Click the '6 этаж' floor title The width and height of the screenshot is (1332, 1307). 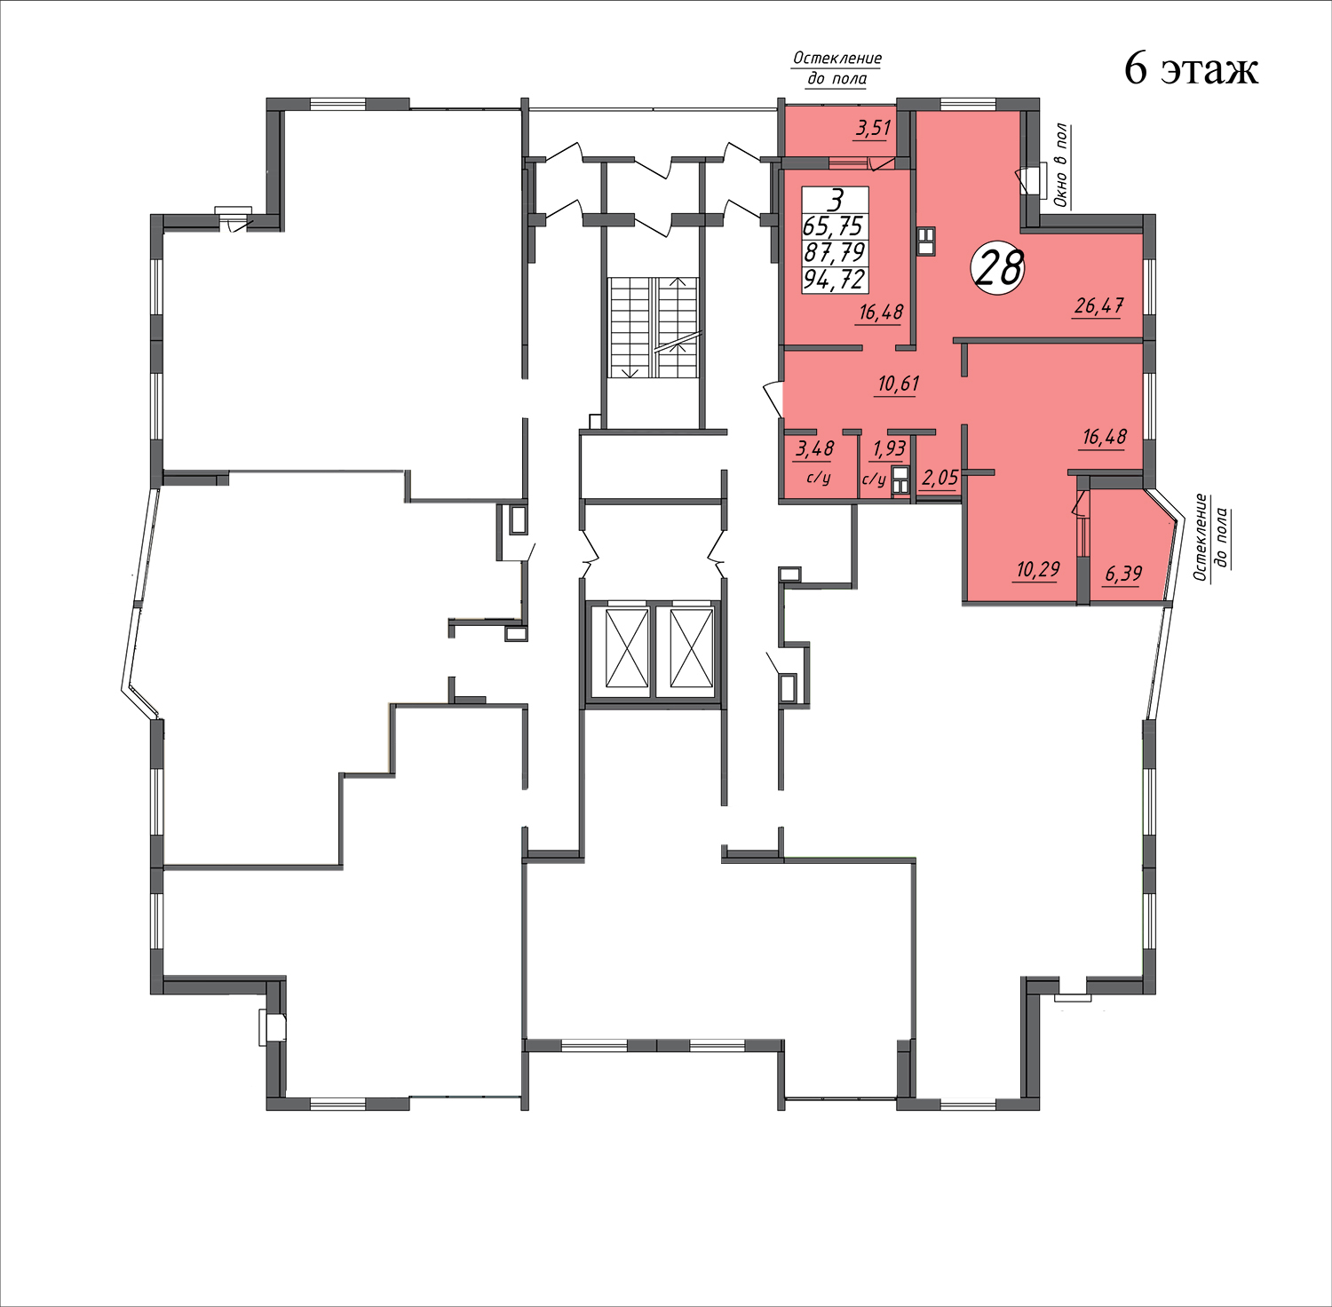point(1191,68)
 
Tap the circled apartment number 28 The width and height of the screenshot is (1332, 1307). point(999,268)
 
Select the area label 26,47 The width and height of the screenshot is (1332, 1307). point(1099,306)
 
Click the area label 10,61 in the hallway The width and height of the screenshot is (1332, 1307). point(898,384)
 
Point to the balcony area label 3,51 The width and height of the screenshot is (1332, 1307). point(873,128)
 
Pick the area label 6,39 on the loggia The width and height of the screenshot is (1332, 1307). point(1123,574)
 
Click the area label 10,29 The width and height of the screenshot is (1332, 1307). point(1037,569)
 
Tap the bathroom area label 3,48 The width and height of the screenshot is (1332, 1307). point(814,449)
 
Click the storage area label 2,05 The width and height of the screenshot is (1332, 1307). point(940,479)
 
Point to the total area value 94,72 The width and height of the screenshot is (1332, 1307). point(834,280)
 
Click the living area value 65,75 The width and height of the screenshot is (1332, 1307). point(833,226)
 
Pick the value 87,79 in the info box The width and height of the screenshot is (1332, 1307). point(834,253)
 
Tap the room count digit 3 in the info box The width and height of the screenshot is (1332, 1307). point(834,201)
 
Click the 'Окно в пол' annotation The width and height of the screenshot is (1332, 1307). point(1061,166)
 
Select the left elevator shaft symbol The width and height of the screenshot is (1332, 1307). point(627,648)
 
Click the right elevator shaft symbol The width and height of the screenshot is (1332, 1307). point(693,648)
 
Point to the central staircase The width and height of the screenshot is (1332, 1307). point(654,328)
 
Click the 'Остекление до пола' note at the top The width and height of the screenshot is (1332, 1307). point(837,68)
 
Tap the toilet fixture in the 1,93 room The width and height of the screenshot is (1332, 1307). point(900,479)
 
